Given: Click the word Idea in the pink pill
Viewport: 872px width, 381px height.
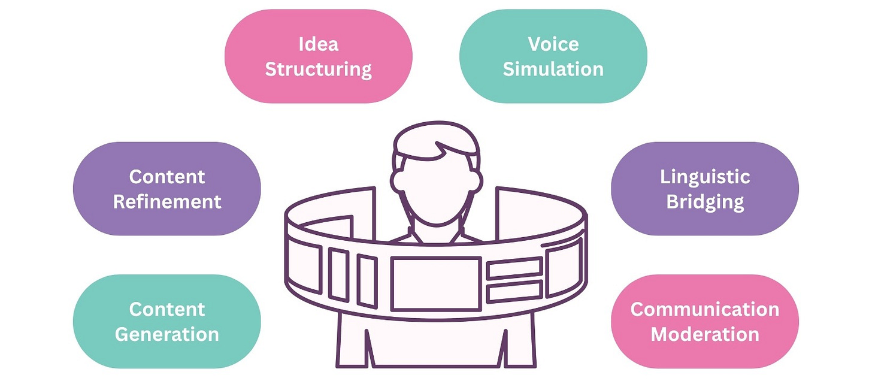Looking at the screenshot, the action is tap(318, 44).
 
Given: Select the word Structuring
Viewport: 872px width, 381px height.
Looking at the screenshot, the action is tap(318, 69).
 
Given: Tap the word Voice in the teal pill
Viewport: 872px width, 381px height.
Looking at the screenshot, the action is tap(553, 44).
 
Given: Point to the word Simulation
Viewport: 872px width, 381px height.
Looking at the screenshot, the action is tap(553, 69).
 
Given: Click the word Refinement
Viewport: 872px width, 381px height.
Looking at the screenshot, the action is tap(167, 202).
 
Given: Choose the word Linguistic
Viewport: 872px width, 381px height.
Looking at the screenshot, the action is tap(705, 177).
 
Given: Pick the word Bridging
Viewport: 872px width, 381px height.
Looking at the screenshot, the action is tap(705, 202).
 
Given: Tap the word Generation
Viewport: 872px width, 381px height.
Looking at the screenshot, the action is tap(167, 334).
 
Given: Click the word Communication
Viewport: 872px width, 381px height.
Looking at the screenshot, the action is tap(705, 309).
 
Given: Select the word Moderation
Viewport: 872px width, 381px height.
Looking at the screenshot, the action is tap(705, 334).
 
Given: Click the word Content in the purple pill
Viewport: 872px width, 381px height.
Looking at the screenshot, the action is tap(167, 177).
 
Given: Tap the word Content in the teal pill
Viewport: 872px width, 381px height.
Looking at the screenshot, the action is tap(167, 309).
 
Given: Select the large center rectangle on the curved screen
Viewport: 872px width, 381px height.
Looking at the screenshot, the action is tap(436, 283).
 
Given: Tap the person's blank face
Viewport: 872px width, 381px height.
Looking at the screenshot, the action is tap(436, 186).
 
